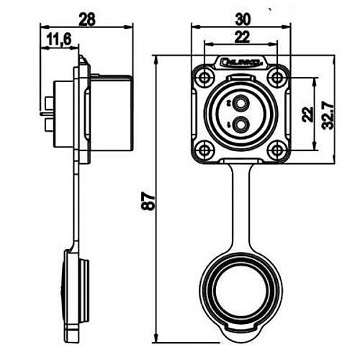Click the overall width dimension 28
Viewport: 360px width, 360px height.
coord(87,19)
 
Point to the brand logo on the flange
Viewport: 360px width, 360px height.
coord(242,64)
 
